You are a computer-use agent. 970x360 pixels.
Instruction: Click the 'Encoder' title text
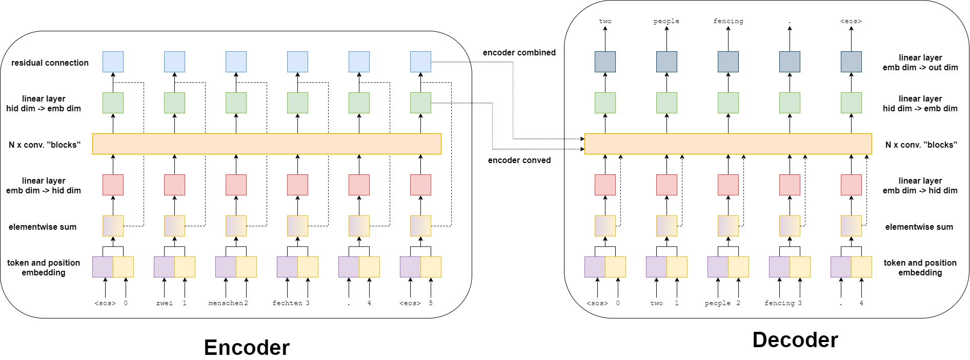[x=247, y=348]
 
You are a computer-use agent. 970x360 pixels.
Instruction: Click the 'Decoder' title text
[x=795, y=340]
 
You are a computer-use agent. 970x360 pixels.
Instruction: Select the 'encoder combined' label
[x=519, y=52]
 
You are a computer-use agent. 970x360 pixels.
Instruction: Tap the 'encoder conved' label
[x=519, y=160]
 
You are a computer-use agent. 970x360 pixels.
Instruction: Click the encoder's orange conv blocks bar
[x=267, y=144]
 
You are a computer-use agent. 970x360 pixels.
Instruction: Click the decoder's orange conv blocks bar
[x=728, y=144]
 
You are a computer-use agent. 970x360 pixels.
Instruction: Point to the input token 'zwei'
[x=164, y=303]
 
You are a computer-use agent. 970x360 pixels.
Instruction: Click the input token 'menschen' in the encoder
[x=226, y=303]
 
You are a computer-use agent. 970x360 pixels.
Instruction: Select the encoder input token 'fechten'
[x=288, y=303]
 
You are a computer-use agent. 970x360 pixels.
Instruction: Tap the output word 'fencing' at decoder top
[x=728, y=21]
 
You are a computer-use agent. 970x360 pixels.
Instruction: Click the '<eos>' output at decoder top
[x=851, y=21]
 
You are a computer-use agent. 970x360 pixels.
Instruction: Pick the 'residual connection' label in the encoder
[x=50, y=63]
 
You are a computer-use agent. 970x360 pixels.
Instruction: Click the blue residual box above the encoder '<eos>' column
[x=420, y=62]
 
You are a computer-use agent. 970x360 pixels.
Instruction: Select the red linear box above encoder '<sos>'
[x=113, y=185]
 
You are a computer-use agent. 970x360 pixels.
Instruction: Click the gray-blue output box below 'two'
[x=605, y=62]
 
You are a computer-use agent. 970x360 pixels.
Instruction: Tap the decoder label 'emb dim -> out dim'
[x=920, y=67]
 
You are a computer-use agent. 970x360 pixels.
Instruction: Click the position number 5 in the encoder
[x=431, y=303]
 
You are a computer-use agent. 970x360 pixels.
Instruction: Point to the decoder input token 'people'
[x=717, y=303]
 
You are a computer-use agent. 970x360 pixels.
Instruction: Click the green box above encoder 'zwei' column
[x=174, y=103]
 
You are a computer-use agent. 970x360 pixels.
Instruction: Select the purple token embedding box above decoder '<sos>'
[x=595, y=267]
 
